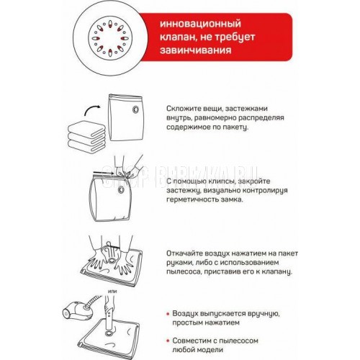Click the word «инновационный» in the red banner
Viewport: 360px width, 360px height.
click(x=200, y=24)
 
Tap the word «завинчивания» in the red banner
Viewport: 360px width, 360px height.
click(x=196, y=50)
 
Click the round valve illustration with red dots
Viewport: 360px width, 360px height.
click(x=110, y=38)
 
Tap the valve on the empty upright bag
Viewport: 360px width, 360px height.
click(x=135, y=109)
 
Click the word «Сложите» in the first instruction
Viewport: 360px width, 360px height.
click(x=182, y=109)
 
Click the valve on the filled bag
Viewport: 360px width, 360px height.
click(x=121, y=189)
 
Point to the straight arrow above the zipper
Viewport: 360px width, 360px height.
click(x=103, y=172)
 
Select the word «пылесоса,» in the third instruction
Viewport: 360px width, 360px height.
click(x=184, y=272)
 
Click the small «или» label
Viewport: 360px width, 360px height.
click(x=112, y=292)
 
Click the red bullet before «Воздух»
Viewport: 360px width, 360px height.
click(x=168, y=314)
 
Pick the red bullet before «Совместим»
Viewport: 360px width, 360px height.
click(x=168, y=341)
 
